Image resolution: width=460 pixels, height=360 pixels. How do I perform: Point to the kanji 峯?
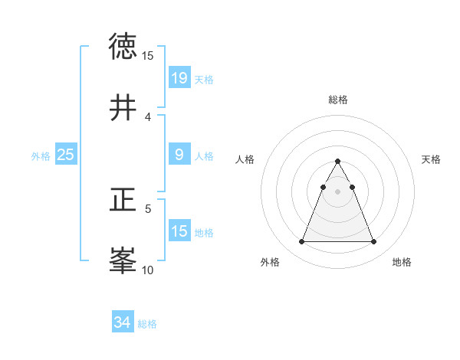coord(123,261)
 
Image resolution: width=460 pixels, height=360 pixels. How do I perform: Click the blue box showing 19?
coord(179,77)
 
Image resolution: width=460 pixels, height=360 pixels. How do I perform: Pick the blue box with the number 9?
coord(179,155)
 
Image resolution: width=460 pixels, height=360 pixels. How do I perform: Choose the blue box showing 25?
coord(66,155)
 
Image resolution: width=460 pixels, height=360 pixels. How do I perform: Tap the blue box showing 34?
coord(123,322)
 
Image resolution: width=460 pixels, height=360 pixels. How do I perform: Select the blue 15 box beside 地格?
coord(179,231)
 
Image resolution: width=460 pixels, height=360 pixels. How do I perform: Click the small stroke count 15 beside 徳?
coord(148,56)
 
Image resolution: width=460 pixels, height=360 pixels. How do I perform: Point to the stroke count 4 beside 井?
coord(148,116)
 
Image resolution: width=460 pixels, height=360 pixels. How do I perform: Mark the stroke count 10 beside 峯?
coord(148,270)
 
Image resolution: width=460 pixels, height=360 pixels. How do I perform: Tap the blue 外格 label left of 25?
coord(41,155)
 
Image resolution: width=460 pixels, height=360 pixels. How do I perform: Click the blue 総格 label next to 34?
coord(147,324)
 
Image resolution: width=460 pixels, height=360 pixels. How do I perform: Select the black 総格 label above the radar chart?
coord(338,100)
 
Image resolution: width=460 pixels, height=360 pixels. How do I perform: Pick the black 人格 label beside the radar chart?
coord(245,159)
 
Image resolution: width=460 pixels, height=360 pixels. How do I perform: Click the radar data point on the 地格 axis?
coord(373,242)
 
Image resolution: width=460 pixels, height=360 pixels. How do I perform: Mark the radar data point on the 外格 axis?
coord(302,242)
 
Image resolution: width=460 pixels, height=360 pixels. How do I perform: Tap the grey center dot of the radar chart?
coord(338,191)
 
